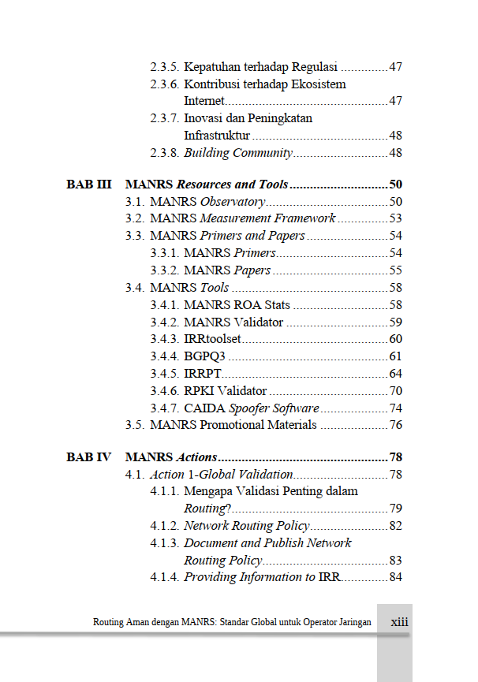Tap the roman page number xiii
click(x=399, y=622)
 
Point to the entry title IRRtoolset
click(x=212, y=339)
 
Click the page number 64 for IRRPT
click(x=395, y=373)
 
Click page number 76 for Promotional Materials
click(x=395, y=425)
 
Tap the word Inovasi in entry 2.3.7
click(x=205, y=118)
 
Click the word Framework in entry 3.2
click(x=304, y=218)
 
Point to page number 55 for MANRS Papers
click(x=395, y=270)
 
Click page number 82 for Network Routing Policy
click(x=395, y=526)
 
